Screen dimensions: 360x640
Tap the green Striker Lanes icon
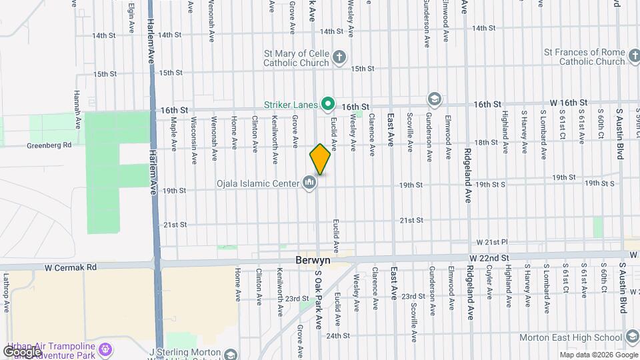(x=327, y=103)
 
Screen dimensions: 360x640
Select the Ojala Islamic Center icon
(x=309, y=181)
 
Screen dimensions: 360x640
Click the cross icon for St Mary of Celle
(x=339, y=56)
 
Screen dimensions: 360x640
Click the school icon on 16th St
(x=435, y=100)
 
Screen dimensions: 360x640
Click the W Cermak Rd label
(x=71, y=267)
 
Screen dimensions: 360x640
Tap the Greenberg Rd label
(x=49, y=145)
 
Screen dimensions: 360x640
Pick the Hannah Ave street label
(x=77, y=110)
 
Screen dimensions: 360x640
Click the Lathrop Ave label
(x=6, y=293)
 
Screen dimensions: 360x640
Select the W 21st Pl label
(x=492, y=241)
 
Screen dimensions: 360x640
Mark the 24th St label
(x=338, y=336)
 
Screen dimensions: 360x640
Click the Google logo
(x=21, y=352)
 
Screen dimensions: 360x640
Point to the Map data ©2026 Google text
(x=598, y=355)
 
